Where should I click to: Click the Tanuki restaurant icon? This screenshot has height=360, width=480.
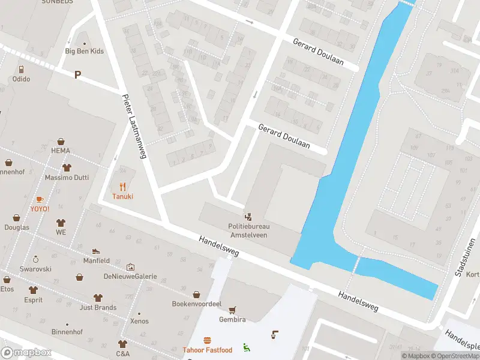point(122,186)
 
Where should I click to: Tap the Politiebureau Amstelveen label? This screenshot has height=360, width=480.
point(248,230)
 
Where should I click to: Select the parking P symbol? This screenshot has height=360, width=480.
point(77,74)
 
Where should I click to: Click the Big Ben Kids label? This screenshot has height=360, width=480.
point(84,51)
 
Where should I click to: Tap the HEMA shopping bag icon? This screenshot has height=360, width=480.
point(61,141)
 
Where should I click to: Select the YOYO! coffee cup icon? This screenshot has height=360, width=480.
point(40,199)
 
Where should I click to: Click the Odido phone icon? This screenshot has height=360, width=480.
point(21,69)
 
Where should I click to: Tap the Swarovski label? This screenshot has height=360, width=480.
point(35,269)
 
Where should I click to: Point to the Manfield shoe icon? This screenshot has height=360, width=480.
point(96,251)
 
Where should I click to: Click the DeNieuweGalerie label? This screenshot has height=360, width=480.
point(130,277)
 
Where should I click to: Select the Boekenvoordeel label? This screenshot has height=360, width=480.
point(197,304)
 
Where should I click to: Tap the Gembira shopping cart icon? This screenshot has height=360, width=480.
point(232,310)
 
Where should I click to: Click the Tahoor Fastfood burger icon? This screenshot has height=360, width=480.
point(207,340)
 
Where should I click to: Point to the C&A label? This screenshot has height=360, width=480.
point(122,354)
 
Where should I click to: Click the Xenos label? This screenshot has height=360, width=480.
point(139,322)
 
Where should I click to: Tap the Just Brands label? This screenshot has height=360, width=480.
point(98,308)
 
